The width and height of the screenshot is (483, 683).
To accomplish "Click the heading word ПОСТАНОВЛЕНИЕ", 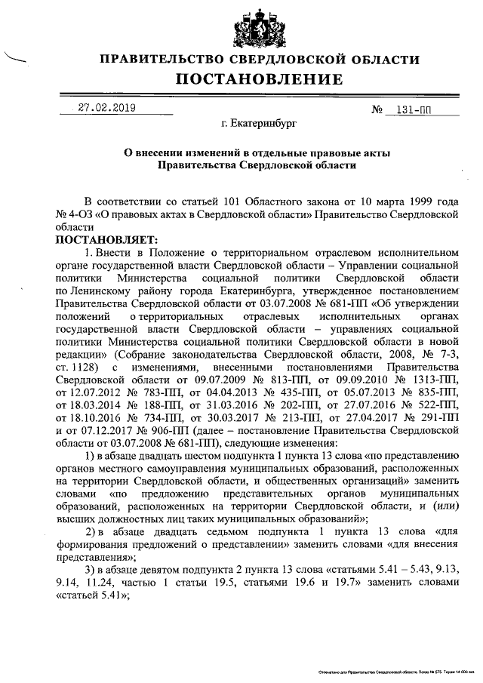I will pyautogui.click(x=260, y=79).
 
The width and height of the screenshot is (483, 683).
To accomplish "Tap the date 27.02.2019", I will pyautogui.click(x=106, y=108).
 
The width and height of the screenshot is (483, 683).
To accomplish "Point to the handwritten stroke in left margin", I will pyautogui.click(x=14, y=57).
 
